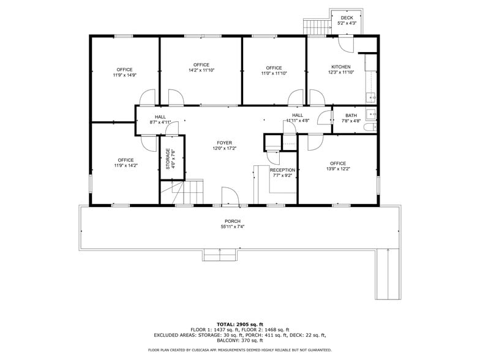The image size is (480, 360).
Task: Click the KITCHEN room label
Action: [341, 67]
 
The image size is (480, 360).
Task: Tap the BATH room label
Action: [351, 115]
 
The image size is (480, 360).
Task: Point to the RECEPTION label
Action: [282, 170]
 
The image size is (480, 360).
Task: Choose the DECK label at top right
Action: [347, 18]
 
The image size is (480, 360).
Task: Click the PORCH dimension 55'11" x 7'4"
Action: [232, 227]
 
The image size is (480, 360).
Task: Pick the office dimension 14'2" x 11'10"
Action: [201, 70]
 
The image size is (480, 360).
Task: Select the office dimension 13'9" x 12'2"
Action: [338, 169]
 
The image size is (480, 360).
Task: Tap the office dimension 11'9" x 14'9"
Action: [124, 75]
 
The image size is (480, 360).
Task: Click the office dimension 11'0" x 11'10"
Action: [274, 73]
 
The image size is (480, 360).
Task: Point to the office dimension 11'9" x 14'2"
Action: [126, 165]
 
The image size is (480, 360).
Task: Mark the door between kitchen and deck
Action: [345, 42]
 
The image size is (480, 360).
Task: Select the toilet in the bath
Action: [371, 127]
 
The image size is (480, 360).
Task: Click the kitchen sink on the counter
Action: [370, 96]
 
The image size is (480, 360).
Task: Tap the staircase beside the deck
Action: [316, 27]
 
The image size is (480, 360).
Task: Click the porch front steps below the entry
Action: [220, 255]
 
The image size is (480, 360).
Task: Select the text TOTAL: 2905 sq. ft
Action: [239, 324]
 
